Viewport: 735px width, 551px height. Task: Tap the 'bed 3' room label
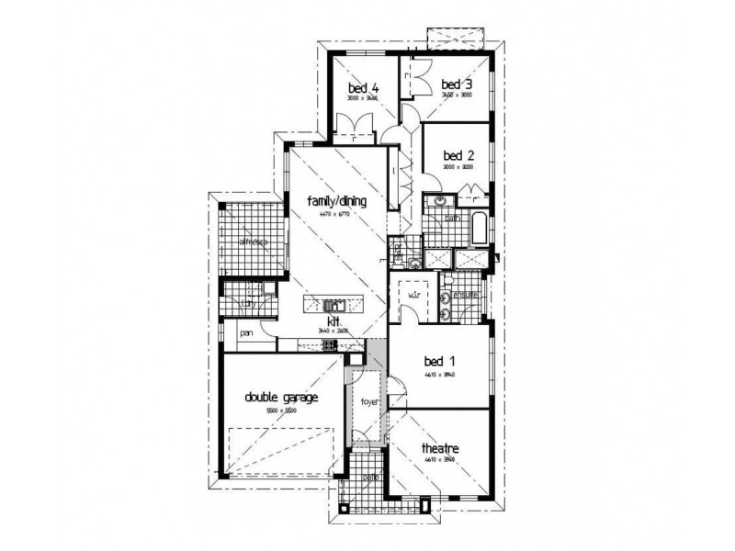pyautogui.click(x=456, y=84)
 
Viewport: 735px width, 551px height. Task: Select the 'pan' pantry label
pyautogui.click(x=246, y=334)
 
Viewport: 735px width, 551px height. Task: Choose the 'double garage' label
pyautogui.click(x=281, y=398)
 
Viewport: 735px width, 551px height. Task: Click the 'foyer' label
pyautogui.click(x=369, y=402)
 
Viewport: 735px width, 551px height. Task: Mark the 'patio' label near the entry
pyautogui.click(x=368, y=478)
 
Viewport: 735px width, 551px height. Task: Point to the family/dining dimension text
pyautogui.click(x=336, y=213)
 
